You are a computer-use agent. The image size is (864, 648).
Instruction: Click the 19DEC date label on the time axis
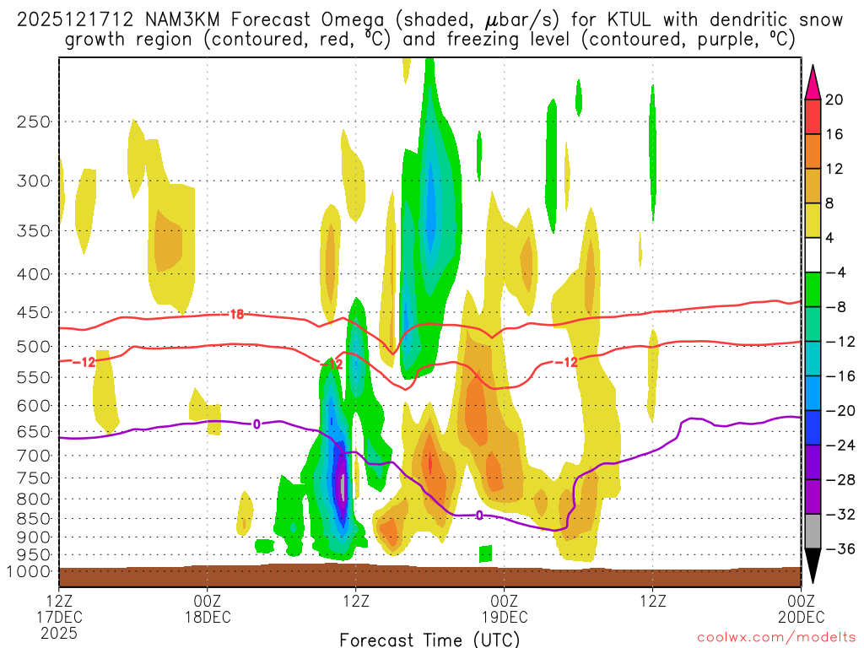pyautogui.click(x=504, y=617)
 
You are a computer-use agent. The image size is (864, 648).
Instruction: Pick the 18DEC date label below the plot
pyautogui.click(x=207, y=617)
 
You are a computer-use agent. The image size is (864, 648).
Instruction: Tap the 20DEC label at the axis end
pyautogui.click(x=800, y=617)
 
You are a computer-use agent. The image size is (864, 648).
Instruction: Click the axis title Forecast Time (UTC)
pyautogui.click(x=429, y=639)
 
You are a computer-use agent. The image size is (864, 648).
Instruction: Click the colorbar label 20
pyautogui.click(x=834, y=100)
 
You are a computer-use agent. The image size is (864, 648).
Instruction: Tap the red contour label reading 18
pyautogui.click(x=237, y=315)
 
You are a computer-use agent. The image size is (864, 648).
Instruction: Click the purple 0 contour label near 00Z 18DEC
pyautogui.click(x=256, y=424)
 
